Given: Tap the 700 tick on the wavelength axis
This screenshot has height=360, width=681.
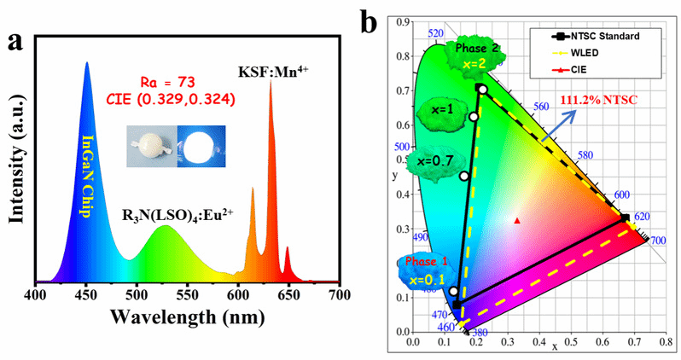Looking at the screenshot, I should (339, 295).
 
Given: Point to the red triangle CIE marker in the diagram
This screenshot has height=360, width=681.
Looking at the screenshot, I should (517, 220).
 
